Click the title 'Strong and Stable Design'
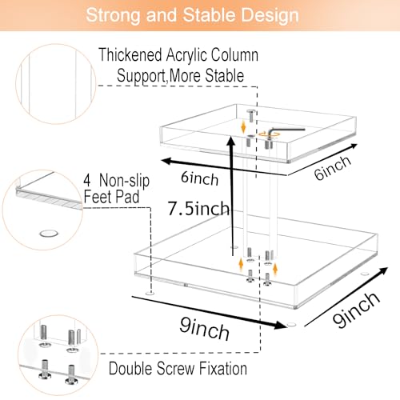[192, 15]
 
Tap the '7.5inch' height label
[198, 208]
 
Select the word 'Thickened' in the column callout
[130, 54]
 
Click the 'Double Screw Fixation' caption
[178, 369]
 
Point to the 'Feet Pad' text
[111, 197]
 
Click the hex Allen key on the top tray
[286, 131]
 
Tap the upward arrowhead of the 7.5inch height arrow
[231, 142]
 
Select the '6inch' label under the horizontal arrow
[199, 178]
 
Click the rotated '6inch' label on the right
[332, 167]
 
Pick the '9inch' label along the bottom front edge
[204, 329]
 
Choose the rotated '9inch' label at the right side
[356, 310]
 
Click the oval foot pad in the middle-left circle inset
[49, 234]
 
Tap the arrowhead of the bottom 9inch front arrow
[280, 325]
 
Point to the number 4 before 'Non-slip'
[87, 180]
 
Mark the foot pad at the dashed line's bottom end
[150, 294]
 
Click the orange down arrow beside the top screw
[243, 126]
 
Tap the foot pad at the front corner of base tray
[291, 325]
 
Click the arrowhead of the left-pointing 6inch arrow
[166, 161]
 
